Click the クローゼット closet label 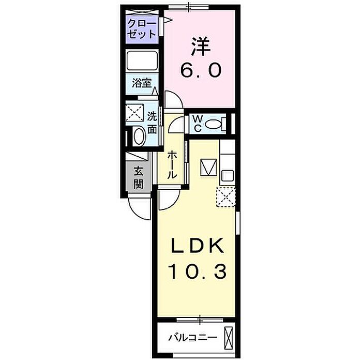click(x=142, y=29)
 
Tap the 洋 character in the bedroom click(x=201, y=47)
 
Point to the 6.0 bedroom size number click(x=201, y=70)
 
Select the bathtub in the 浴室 click(x=142, y=61)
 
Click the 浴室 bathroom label click(x=142, y=83)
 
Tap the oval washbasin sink click(x=139, y=136)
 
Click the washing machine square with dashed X click(x=135, y=113)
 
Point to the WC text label click(x=198, y=124)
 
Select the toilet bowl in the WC click(x=213, y=125)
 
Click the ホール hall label click(x=172, y=164)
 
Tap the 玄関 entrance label click(x=138, y=178)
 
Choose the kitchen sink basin click(x=228, y=176)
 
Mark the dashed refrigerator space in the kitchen click(x=226, y=197)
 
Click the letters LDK click(x=198, y=246)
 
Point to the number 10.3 click(x=198, y=271)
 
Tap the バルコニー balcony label click(x=193, y=338)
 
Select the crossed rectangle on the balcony click(x=229, y=338)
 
